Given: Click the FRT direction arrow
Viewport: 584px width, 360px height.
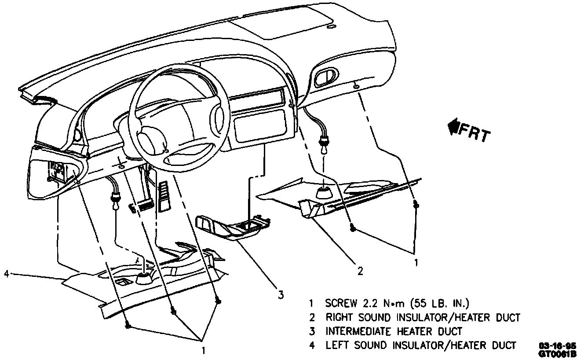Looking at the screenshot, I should [x=453, y=128].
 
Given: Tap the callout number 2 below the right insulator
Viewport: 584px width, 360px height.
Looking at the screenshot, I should [x=360, y=272].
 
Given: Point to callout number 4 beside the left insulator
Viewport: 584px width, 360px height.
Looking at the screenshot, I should [x=6, y=274].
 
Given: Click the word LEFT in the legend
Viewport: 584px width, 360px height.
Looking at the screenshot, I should [x=336, y=345].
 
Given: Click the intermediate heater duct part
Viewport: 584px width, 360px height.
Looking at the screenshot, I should [x=229, y=227].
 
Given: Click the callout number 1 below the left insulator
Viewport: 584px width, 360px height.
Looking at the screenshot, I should [x=203, y=351].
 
